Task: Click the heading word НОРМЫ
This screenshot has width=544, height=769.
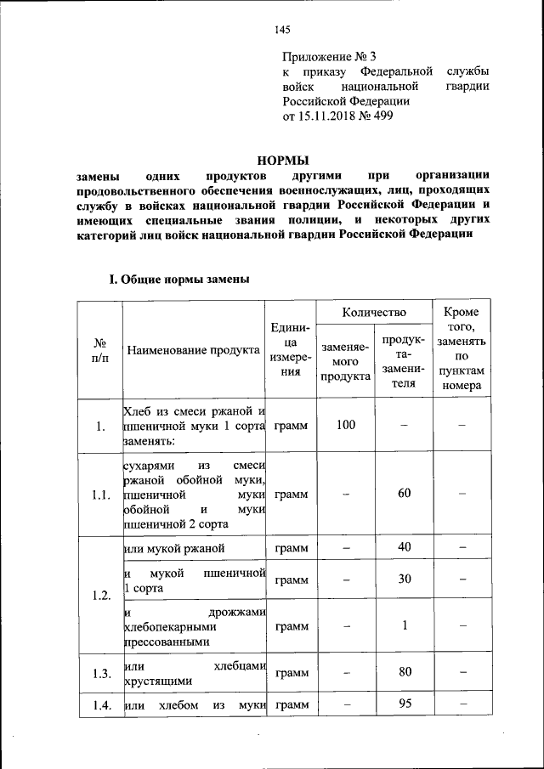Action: pyautogui.click(x=283, y=160)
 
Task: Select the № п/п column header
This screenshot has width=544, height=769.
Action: pyautogui.click(x=100, y=350)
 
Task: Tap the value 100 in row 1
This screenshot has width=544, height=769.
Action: pyautogui.click(x=345, y=425)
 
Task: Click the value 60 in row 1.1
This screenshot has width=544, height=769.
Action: pyautogui.click(x=405, y=494)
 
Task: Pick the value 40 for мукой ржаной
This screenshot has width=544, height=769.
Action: pyautogui.click(x=405, y=547)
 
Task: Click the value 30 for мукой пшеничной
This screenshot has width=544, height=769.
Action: pyautogui.click(x=405, y=579)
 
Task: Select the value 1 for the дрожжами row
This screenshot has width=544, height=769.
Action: pyautogui.click(x=405, y=625)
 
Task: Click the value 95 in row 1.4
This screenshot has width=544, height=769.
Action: pyautogui.click(x=405, y=704)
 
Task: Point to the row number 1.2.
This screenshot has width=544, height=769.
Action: pyautogui.click(x=100, y=594)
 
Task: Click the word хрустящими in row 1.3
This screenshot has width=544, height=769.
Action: pyautogui.click(x=157, y=681)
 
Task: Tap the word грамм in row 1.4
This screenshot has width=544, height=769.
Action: pyautogui.click(x=292, y=704)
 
